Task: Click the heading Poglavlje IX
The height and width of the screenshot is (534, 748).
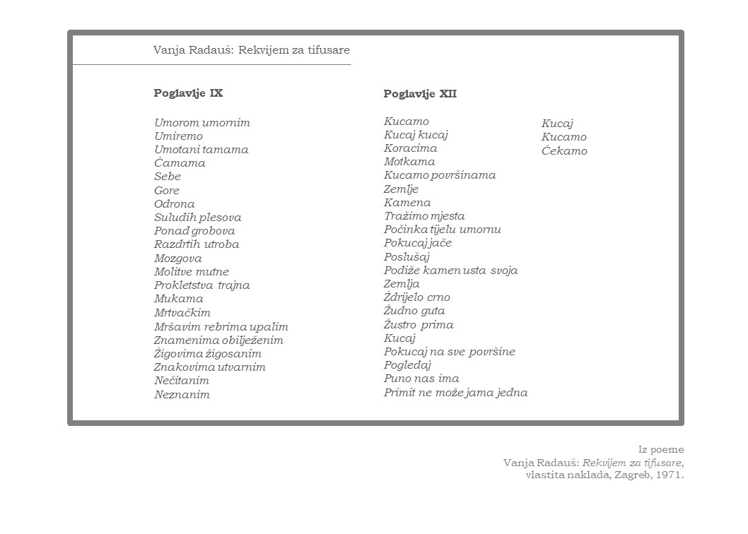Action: (188, 93)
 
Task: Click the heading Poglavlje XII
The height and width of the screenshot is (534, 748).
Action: (420, 94)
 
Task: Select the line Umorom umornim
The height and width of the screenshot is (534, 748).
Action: (202, 123)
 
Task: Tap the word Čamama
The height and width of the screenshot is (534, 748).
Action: (180, 163)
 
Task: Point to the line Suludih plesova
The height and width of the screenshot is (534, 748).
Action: (198, 218)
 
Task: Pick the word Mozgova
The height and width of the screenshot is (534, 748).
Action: (177, 259)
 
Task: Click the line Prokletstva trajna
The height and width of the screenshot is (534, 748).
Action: (202, 285)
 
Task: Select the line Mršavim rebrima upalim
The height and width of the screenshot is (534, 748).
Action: (221, 327)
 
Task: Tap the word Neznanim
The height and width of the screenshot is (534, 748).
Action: (182, 395)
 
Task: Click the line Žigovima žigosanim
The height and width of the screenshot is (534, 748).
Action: (208, 354)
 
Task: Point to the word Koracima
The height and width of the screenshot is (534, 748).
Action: (410, 148)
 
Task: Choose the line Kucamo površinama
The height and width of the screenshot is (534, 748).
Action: (440, 175)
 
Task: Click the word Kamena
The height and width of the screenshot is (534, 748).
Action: (407, 203)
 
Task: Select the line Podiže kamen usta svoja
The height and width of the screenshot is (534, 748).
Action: (450, 271)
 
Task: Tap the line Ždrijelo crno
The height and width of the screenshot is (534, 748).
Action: (416, 297)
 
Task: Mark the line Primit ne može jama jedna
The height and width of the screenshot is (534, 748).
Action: (455, 393)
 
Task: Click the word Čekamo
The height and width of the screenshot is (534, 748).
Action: (564, 151)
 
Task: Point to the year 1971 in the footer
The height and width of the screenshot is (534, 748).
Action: (668, 475)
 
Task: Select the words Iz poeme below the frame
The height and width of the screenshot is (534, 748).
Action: (661, 449)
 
